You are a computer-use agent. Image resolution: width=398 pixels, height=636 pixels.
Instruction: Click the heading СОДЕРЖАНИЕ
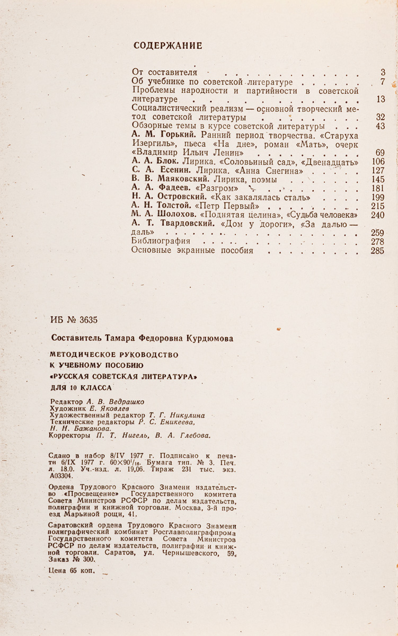click(167, 46)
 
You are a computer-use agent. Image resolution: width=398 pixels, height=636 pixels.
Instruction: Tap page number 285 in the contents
click(377, 251)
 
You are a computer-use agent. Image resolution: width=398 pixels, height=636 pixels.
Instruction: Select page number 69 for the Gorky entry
click(379, 153)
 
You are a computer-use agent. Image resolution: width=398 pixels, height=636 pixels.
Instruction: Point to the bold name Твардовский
click(185, 224)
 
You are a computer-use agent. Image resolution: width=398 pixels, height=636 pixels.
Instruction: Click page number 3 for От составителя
click(382, 72)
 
